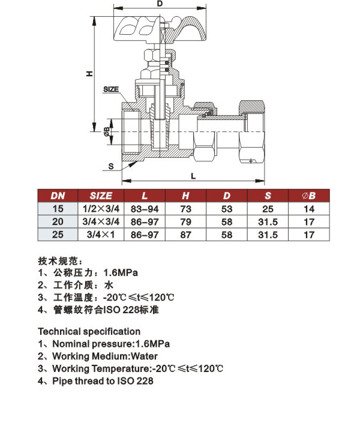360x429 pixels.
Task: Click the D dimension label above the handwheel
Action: pos(160,4)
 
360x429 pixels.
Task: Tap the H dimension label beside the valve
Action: pos(90,74)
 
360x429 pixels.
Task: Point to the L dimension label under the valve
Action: pos(193,176)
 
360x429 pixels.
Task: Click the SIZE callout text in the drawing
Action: pos(111,89)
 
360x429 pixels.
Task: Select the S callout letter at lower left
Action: pos(111,166)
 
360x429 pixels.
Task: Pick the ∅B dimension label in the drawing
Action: pos(107,131)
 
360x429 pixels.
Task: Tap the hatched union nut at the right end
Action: pos(252,107)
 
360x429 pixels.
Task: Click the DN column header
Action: pos(58,196)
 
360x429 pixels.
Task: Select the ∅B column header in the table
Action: pos(309,196)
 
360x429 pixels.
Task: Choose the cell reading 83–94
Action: pos(145,209)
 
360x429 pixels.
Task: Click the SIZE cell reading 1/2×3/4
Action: pos(101,209)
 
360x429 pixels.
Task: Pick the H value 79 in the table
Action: pos(185,222)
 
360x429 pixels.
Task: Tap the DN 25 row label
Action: pos(58,235)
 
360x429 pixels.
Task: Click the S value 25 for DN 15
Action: pos(268,209)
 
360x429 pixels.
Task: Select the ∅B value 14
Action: pos(309,209)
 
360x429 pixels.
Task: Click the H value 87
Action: pos(185,235)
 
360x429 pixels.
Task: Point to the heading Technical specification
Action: pos(89,332)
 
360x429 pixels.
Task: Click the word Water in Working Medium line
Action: pos(144,356)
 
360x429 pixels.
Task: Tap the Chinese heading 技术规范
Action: pos(58,261)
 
